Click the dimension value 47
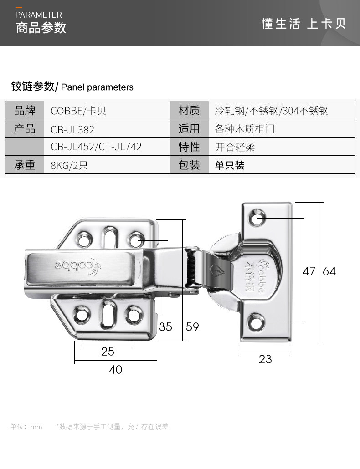(x=309, y=271)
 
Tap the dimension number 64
(x=329, y=271)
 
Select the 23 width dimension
(x=265, y=359)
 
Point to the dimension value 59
(x=192, y=326)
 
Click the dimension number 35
(x=166, y=326)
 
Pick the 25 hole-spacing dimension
(x=108, y=352)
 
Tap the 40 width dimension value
(x=116, y=369)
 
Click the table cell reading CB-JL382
(x=72, y=129)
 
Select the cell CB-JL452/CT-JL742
(x=96, y=147)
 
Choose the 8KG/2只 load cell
(x=69, y=165)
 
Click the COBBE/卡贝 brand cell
(x=78, y=111)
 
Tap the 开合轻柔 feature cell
(x=235, y=147)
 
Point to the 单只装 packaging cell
(x=230, y=165)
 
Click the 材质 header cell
(x=189, y=110)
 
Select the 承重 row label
(x=25, y=165)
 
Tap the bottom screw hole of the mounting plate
(x=257, y=324)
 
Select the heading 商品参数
(x=41, y=28)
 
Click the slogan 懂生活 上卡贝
(x=303, y=24)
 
